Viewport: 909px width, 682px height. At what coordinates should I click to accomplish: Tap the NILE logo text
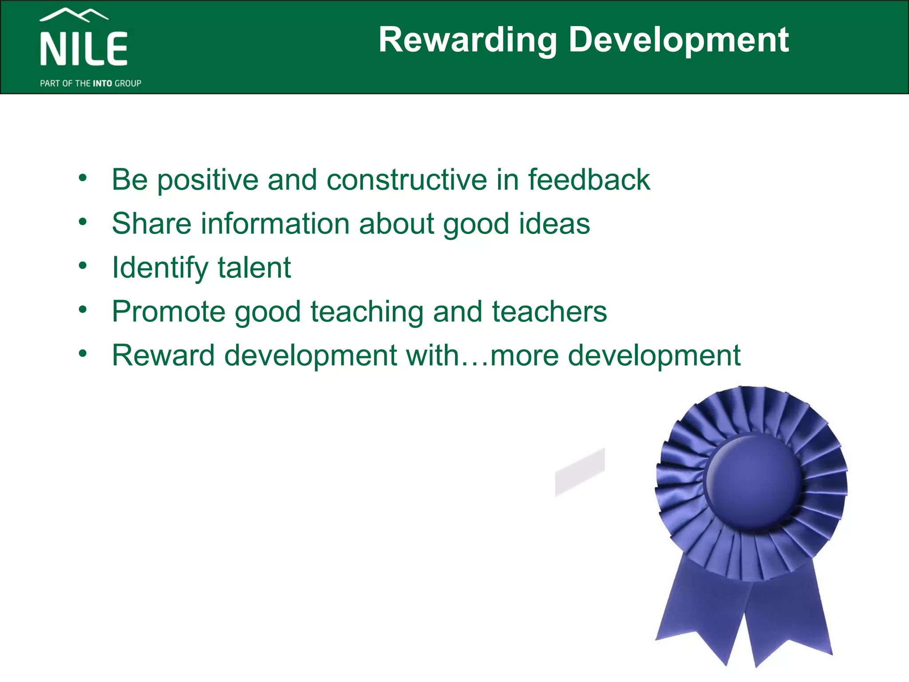click(84, 49)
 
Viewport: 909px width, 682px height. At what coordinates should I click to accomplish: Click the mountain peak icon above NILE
click(74, 15)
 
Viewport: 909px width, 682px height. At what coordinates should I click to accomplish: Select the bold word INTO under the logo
click(102, 83)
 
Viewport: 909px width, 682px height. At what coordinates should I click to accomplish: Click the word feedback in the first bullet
click(589, 179)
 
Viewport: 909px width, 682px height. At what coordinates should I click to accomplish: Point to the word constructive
click(406, 179)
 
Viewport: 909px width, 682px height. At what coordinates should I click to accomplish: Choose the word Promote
click(169, 312)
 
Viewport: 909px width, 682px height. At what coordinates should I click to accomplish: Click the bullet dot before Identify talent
click(83, 266)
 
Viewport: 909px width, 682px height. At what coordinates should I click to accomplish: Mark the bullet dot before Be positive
click(83, 178)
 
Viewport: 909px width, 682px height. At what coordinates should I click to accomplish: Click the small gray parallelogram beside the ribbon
click(580, 472)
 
